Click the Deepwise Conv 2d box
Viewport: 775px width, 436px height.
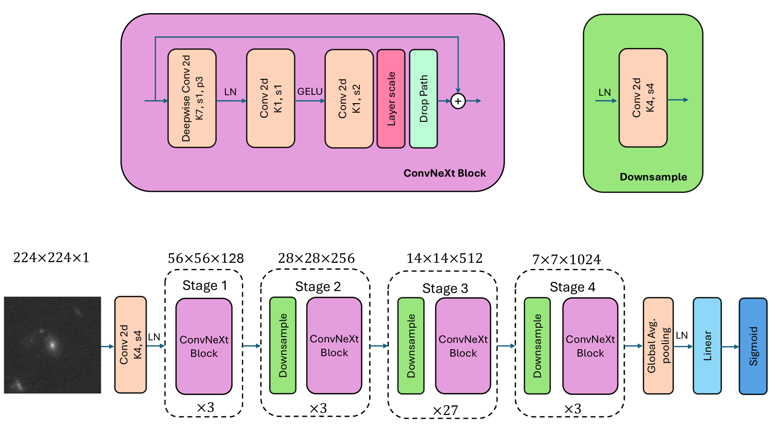point(192,98)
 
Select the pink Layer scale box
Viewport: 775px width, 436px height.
point(391,98)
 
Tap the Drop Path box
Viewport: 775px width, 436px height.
point(424,98)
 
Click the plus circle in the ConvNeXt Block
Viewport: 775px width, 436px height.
point(458,101)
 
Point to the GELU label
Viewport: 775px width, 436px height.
point(310,91)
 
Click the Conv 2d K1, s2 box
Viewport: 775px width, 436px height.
point(349,98)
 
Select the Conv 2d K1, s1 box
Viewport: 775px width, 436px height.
point(271,98)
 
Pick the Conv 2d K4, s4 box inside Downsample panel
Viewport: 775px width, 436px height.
point(643,98)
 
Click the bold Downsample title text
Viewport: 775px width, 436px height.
point(653,177)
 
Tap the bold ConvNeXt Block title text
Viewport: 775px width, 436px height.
point(445,173)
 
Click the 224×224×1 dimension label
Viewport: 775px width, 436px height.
point(51,258)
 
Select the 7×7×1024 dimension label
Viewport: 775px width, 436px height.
point(566,260)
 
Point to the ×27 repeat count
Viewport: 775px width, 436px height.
point(445,411)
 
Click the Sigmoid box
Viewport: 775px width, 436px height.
point(753,346)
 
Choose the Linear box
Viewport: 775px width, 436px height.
point(707,346)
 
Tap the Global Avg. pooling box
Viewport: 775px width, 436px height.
point(658,346)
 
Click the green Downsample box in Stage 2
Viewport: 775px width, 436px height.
point(283,345)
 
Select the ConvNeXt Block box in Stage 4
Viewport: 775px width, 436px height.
point(590,346)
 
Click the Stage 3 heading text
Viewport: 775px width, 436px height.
point(445,288)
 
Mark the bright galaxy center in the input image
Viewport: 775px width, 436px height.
point(52,345)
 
